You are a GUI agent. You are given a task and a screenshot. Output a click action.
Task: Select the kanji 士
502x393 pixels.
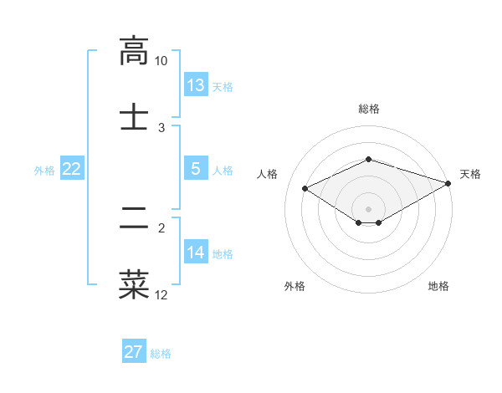(x=134, y=115)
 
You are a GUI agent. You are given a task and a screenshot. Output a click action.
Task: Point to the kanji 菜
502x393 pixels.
(x=134, y=283)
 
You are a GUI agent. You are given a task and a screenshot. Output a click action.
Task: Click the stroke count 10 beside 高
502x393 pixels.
(x=161, y=61)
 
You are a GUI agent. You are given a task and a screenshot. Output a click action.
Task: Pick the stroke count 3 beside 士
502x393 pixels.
(x=161, y=127)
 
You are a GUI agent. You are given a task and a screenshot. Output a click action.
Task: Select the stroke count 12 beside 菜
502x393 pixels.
(x=161, y=294)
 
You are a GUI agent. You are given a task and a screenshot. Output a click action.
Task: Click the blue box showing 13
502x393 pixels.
(x=196, y=85)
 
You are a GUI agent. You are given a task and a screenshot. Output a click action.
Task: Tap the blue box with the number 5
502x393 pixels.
(x=196, y=169)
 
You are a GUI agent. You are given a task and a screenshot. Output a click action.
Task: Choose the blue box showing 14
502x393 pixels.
(x=196, y=253)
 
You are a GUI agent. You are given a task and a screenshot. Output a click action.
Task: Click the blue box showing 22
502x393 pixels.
(x=72, y=169)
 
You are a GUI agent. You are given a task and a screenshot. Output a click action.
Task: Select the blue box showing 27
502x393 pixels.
(x=134, y=352)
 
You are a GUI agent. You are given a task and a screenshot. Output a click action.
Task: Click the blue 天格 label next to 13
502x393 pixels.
(x=223, y=86)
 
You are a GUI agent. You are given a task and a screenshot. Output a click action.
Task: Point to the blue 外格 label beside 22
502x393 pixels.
(x=44, y=170)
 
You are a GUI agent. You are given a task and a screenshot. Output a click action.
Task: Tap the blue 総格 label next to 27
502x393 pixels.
(x=161, y=353)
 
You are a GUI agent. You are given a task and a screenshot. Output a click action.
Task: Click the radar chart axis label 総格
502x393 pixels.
(x=369, y=109)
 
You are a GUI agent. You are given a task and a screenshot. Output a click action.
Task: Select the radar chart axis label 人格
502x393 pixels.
(x=268, y=174)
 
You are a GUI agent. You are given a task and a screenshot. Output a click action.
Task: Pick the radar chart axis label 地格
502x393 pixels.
(x=438, y=286)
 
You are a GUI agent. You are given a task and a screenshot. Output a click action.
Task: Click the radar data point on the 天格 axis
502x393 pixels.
(x=448, y=183)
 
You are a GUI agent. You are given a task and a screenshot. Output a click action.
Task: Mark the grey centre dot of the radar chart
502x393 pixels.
(x=369, y=208)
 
